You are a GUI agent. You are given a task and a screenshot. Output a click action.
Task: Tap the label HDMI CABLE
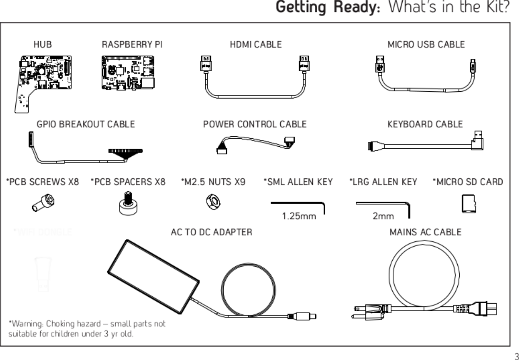coord(255,44)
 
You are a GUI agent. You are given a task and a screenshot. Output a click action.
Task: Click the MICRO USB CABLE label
coord(426,44)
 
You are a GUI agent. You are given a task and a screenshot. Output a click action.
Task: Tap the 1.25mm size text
coord(299,216)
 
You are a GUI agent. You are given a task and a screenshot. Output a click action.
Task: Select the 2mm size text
coord(383,216)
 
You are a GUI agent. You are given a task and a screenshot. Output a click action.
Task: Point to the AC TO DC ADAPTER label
coord(211,232)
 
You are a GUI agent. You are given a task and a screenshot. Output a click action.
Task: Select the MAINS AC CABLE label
coord(425,232)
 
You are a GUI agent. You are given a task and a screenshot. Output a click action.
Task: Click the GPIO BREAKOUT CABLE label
coord(86,124)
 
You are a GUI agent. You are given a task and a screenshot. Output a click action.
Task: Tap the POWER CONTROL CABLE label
coord(254,124)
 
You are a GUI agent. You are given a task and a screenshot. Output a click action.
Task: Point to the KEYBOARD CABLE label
coord(425,124)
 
